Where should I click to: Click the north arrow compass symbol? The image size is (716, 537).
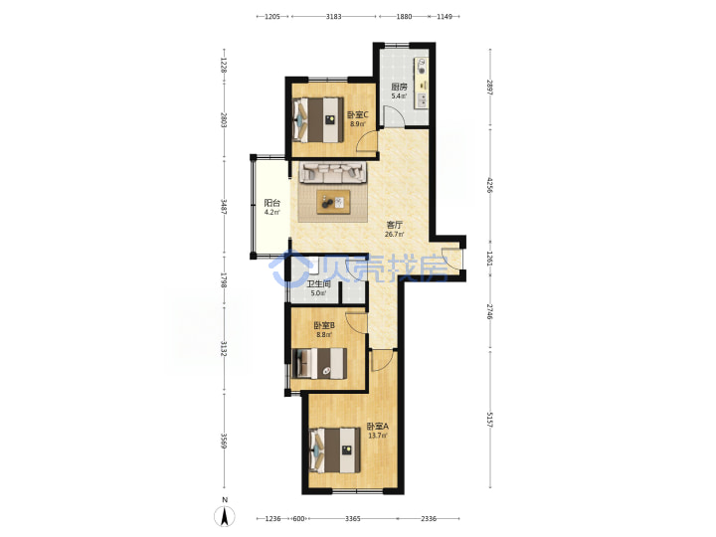[224, 516]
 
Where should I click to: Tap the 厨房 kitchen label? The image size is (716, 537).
[399, 87]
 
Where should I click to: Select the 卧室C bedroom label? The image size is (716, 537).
[358, 114]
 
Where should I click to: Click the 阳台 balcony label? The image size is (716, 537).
[272, 203]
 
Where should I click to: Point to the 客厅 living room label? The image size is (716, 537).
[395, 225]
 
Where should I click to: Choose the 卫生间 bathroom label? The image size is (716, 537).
[319, 283]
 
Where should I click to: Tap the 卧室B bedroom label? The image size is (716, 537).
[324, 325]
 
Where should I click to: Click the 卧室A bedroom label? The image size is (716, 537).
[378, 426]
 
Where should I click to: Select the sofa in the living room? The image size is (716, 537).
[333, 173]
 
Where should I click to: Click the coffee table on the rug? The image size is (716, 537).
[334, 202]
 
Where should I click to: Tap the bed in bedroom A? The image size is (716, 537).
[334, 449]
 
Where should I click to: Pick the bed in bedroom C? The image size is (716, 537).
[318, 119]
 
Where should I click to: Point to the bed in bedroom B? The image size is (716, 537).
[319, 364]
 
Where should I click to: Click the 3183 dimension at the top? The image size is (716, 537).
[334, 17]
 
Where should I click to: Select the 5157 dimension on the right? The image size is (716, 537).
[490, 420]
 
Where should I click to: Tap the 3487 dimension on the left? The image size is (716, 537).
[224, 207]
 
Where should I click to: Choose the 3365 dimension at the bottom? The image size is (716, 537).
[352, 518]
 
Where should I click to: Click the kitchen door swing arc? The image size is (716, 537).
[393, 115]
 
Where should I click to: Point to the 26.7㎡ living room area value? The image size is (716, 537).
[395, 235]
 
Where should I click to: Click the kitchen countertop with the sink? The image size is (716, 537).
[421, 84]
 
